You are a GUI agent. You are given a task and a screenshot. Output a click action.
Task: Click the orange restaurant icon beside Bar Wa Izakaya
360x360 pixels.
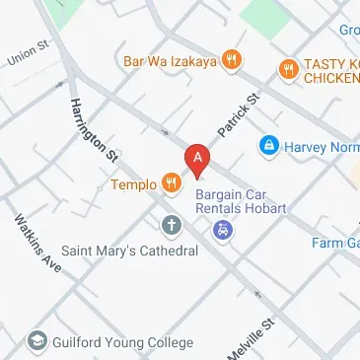click(x=231, y=58)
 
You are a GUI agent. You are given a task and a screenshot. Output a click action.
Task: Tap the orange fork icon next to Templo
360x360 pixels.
click(x=172, y=181)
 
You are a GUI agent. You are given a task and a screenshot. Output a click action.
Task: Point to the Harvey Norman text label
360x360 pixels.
click(x=321, y=147)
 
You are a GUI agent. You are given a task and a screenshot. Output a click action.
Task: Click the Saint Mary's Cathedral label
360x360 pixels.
click(x=130, y=251)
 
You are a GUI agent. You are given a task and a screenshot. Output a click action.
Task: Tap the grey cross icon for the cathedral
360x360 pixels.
click(x=172, y=226)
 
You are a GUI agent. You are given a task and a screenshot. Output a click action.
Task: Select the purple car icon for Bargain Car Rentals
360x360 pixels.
click(x=224, y=230)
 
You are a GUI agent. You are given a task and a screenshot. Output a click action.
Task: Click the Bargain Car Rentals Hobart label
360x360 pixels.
click(x=248, y=200)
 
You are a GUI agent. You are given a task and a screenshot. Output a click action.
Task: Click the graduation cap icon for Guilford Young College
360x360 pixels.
click(x=37, y=340)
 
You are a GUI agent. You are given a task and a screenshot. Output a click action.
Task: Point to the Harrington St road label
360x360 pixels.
click(x=94, y=128)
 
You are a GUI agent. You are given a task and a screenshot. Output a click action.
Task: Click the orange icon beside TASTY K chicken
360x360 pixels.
click(x=288, y=68)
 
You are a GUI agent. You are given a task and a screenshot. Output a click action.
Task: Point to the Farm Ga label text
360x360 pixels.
click(x=335, y=243)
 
